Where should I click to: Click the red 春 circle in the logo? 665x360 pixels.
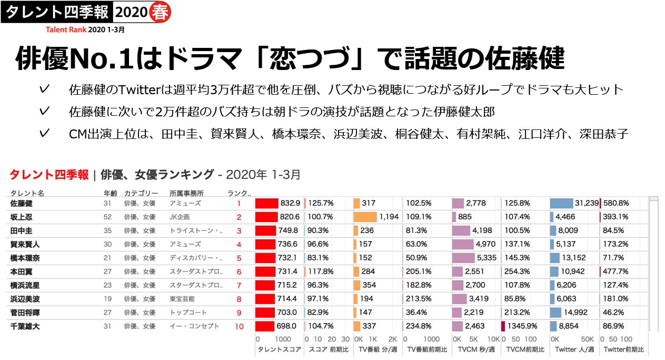(x=159, y=12)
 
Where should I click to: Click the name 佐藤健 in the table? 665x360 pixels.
(x=21, y=203)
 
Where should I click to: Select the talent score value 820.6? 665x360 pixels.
(x=290, y=217)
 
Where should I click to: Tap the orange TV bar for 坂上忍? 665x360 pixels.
(x=365, y=217)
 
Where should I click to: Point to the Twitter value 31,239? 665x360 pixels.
(x=587, y=203)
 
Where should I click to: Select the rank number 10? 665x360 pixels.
(x=239, y=326)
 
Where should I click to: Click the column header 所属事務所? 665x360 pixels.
(x=186, y=193)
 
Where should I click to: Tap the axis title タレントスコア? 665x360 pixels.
(x=279, y=349)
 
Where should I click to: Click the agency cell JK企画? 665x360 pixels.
(x=180, y=217)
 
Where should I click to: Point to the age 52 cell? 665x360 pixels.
(x=107, y=217)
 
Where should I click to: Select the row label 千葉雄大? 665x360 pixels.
(x=25, y=326)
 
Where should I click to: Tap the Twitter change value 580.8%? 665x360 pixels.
(x=616, y=203)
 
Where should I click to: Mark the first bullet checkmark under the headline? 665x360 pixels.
(x=45, y=89)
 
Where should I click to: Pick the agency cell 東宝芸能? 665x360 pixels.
(x=182, y=299)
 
